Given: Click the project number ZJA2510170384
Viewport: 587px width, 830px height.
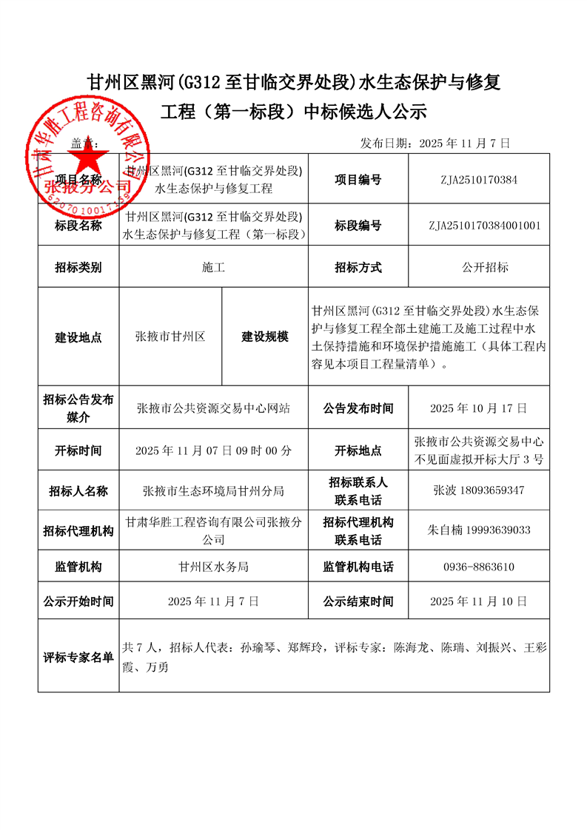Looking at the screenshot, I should point(478,180).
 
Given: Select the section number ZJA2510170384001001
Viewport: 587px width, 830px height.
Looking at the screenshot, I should point(484,225).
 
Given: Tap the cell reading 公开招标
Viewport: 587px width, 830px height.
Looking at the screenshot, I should point(484,268).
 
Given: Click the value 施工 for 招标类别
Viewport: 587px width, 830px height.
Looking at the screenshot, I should point(213,268).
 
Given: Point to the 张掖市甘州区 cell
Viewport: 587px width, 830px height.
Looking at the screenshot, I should point(170,337).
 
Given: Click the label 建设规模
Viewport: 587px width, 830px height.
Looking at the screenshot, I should point(264,337).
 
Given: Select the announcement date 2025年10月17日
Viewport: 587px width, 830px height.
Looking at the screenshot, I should point(478,408).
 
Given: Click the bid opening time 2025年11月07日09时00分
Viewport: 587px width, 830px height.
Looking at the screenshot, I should point(214,451).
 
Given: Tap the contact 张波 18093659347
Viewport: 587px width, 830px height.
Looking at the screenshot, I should point(478,490).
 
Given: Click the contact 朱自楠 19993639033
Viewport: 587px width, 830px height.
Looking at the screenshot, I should point(478,530).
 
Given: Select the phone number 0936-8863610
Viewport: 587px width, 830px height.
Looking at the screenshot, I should point(478,567).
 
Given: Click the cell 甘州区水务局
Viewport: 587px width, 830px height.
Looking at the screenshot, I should point(213,567).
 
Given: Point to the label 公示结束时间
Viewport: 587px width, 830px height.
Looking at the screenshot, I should point(358,601).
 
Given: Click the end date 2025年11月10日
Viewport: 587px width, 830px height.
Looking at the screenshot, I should point(478,601).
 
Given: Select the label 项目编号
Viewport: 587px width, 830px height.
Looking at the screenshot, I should point(358,180).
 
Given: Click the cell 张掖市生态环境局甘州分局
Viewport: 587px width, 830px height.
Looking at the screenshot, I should point(213,490).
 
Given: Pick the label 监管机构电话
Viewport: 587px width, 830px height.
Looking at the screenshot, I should point(358,567).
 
